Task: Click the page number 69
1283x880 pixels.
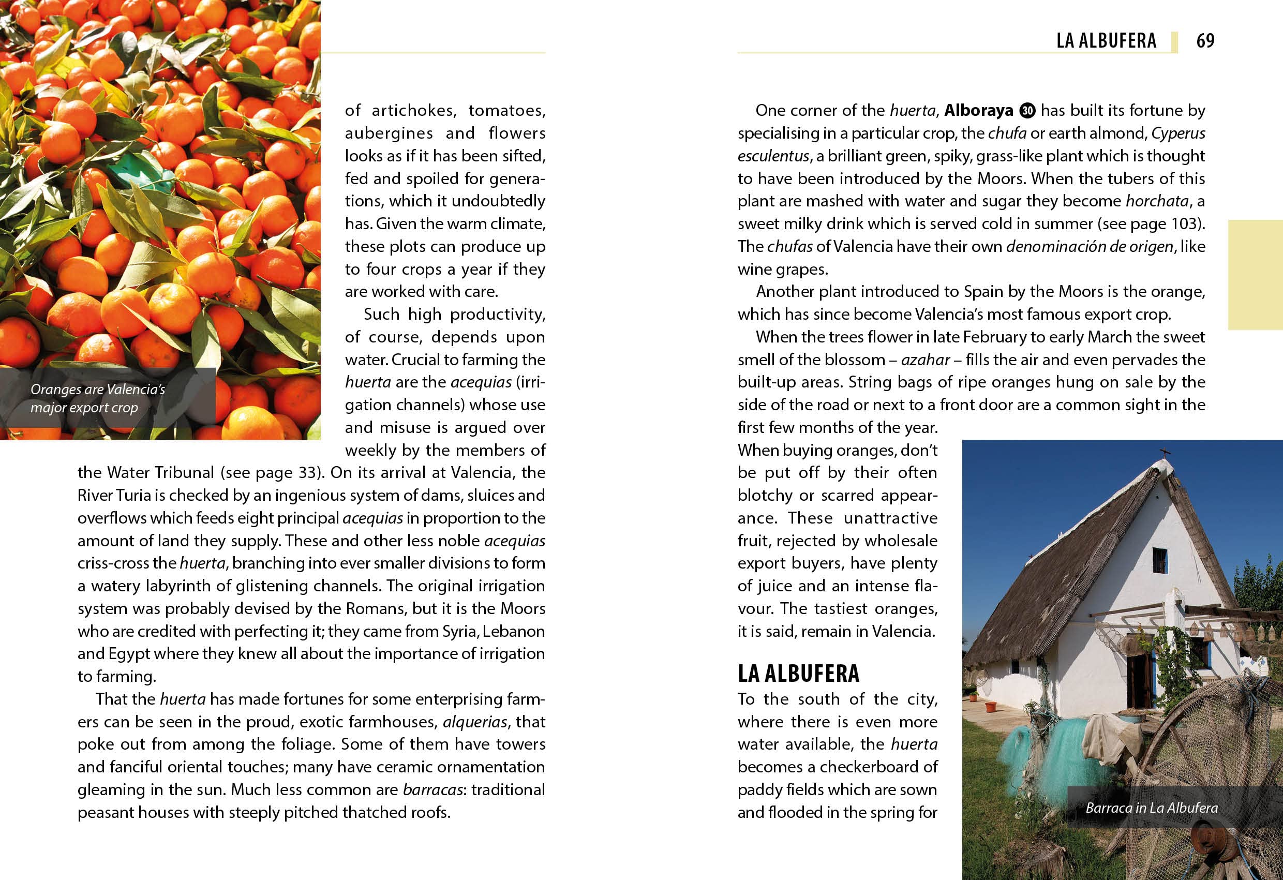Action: coord(1205,40)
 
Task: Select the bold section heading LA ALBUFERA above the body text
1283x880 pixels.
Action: coord(798,674)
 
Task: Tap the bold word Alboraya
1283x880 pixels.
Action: coord(978,110)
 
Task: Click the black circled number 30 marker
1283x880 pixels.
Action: coord(1027,110)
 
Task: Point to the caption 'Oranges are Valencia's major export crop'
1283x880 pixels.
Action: coord(98,398)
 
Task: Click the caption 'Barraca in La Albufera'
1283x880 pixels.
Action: coord(1151,808)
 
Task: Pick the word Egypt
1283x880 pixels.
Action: coord(129,653)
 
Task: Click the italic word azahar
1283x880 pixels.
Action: coord(926,360)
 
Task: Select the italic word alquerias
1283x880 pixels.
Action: coord(475,722)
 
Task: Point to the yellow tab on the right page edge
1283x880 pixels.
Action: coord(1256,274)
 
